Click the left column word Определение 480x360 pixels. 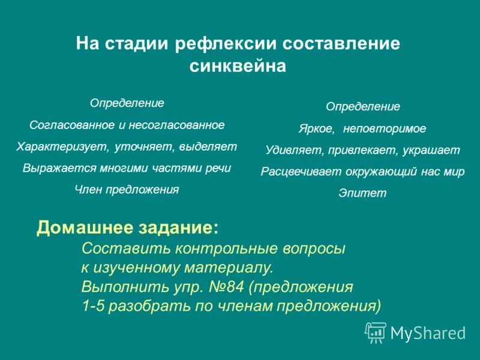pyautogui.click(x=127, y=103)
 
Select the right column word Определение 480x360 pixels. pyautogui.click(x=362, y=107)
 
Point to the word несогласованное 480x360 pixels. pyautogui.click(x=179, y=125)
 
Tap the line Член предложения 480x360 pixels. pyautogui.click(x=127, y=190)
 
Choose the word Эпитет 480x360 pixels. pyautogui.click(x=362, y=193)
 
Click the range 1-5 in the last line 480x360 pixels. pyautogui.click(x=93, y=306)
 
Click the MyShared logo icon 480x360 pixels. pyautogui.click(x=376, y=332)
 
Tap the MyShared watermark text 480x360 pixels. pyautogui.click(x=428, y=332)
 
